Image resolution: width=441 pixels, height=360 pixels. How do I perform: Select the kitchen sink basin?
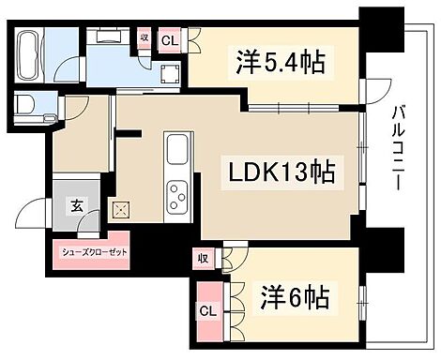point(177,152)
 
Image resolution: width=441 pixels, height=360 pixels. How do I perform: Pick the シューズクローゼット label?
point(90,252)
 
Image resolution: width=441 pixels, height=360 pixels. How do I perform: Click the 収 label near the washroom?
point(144,38)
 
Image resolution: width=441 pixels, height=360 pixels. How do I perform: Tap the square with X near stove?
point(120,210)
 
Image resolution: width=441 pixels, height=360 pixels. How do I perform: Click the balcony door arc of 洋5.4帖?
point(377,91)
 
